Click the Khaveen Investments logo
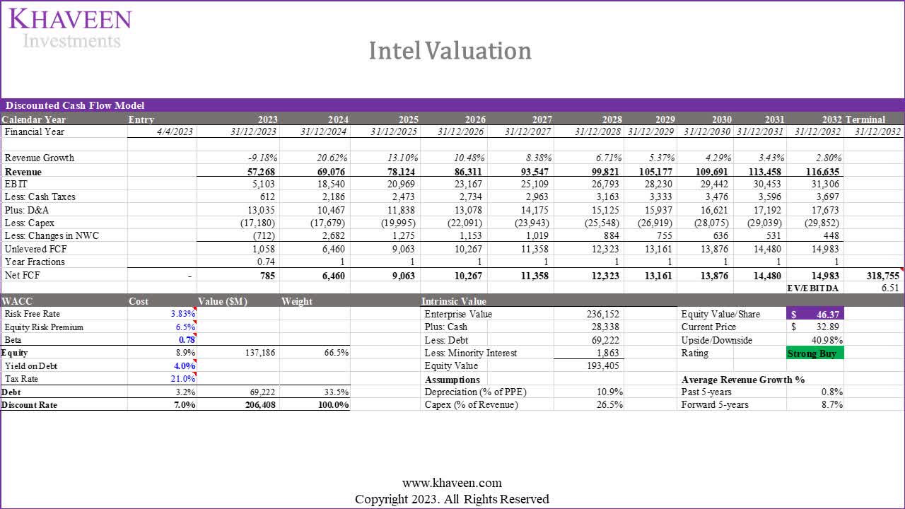pyautogui.click(x=70, y=28)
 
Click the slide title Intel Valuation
pyautogui.click(x=450, y=51)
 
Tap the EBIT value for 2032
pyautogui.click(x=823, y=184)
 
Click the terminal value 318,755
pyautogui.click(x=881, y=276)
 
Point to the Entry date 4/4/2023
pyautogui.click(x=174, y=131)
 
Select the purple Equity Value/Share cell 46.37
pyautogui.click(x=814, y=314)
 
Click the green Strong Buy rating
pyautogui.click(x=814, y=353)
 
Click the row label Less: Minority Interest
pyautogui.click(x=470, y=353)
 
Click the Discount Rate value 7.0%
pyautogui.click(x=185, y=405)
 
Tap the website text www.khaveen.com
pyautogui.click(x=452, y=484)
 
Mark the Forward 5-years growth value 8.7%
pyautogui.click(x=831, y=405)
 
